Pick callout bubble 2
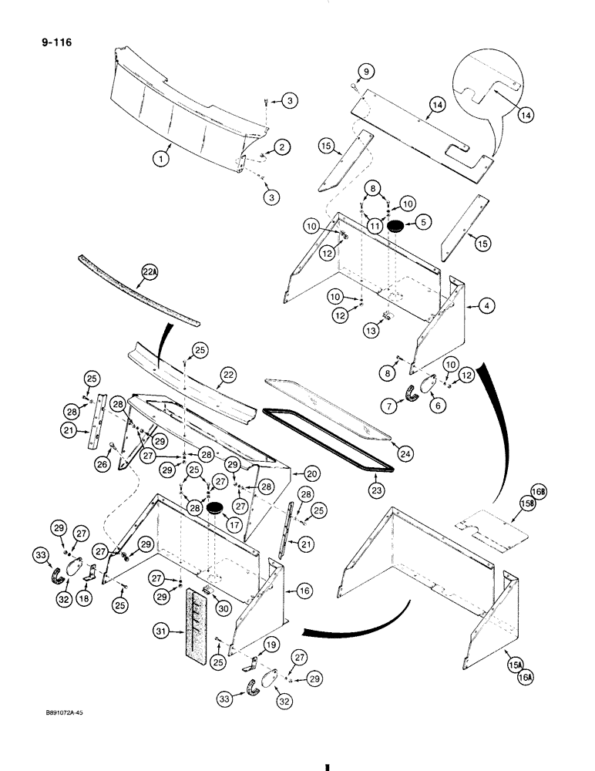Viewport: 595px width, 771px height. click(283, 147)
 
